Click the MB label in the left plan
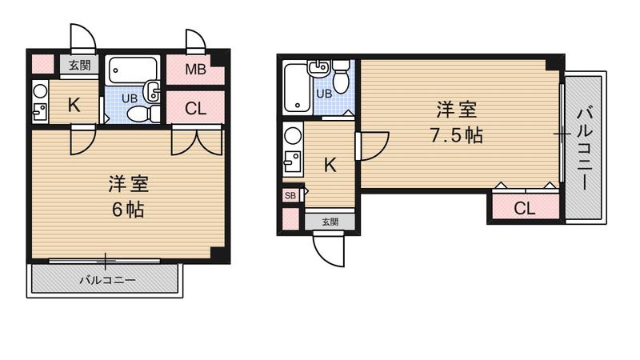point(195,70)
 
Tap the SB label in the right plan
point(290,195)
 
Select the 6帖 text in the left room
point(128,210)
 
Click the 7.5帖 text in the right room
point(457,135)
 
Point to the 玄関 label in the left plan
point(79,65)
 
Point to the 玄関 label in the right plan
point(330,222)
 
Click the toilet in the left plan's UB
point(143,113)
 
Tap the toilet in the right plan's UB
point(341,76)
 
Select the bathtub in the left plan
point(132,70)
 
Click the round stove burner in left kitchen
point(40,91)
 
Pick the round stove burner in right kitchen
point(293,136)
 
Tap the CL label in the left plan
point(195,109)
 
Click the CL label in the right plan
point(525,209)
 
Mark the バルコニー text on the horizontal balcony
point(107,280)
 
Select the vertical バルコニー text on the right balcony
point(584,148)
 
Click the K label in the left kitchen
point(74,106)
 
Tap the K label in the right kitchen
point(330,165)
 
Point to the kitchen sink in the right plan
point(293,162)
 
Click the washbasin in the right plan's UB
point(318,68)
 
